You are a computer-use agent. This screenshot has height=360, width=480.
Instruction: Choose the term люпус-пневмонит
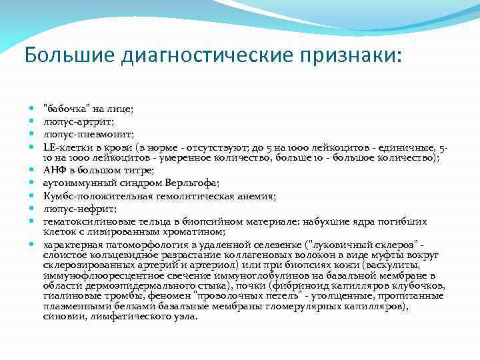pos(77,134)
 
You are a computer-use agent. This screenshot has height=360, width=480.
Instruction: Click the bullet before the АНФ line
pos(32,170)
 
